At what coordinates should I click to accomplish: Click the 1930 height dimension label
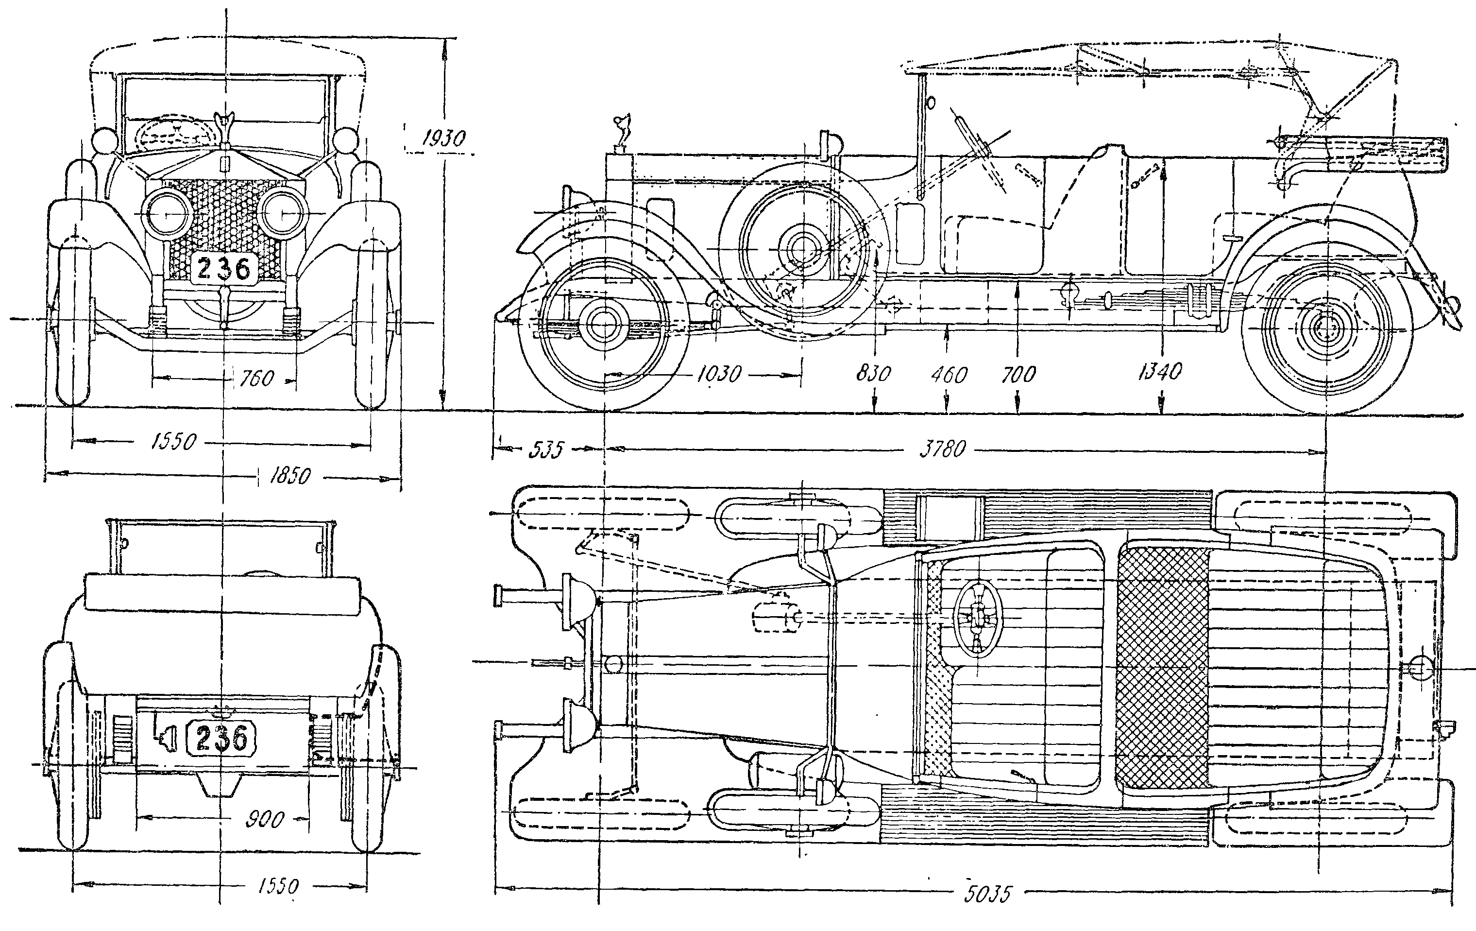click(443, 139)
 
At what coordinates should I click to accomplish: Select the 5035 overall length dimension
click(986, 894)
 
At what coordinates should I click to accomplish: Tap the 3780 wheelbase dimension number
click(943, 449)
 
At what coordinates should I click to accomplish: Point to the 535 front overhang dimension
click(545, 449)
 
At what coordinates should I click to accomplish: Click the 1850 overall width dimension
click(289, 475)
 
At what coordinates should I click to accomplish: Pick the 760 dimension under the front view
click(256, 379)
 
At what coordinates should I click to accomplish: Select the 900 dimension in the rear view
click(265, 819)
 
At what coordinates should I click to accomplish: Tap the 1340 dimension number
click(1159, 371)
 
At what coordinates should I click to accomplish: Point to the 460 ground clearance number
click(949, 375)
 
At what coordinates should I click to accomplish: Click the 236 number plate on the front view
click(223, 269)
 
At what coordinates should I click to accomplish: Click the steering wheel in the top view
click(978, 619)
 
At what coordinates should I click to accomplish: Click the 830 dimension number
click(873, 374)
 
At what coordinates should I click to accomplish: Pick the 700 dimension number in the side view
click(1018, 374)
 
